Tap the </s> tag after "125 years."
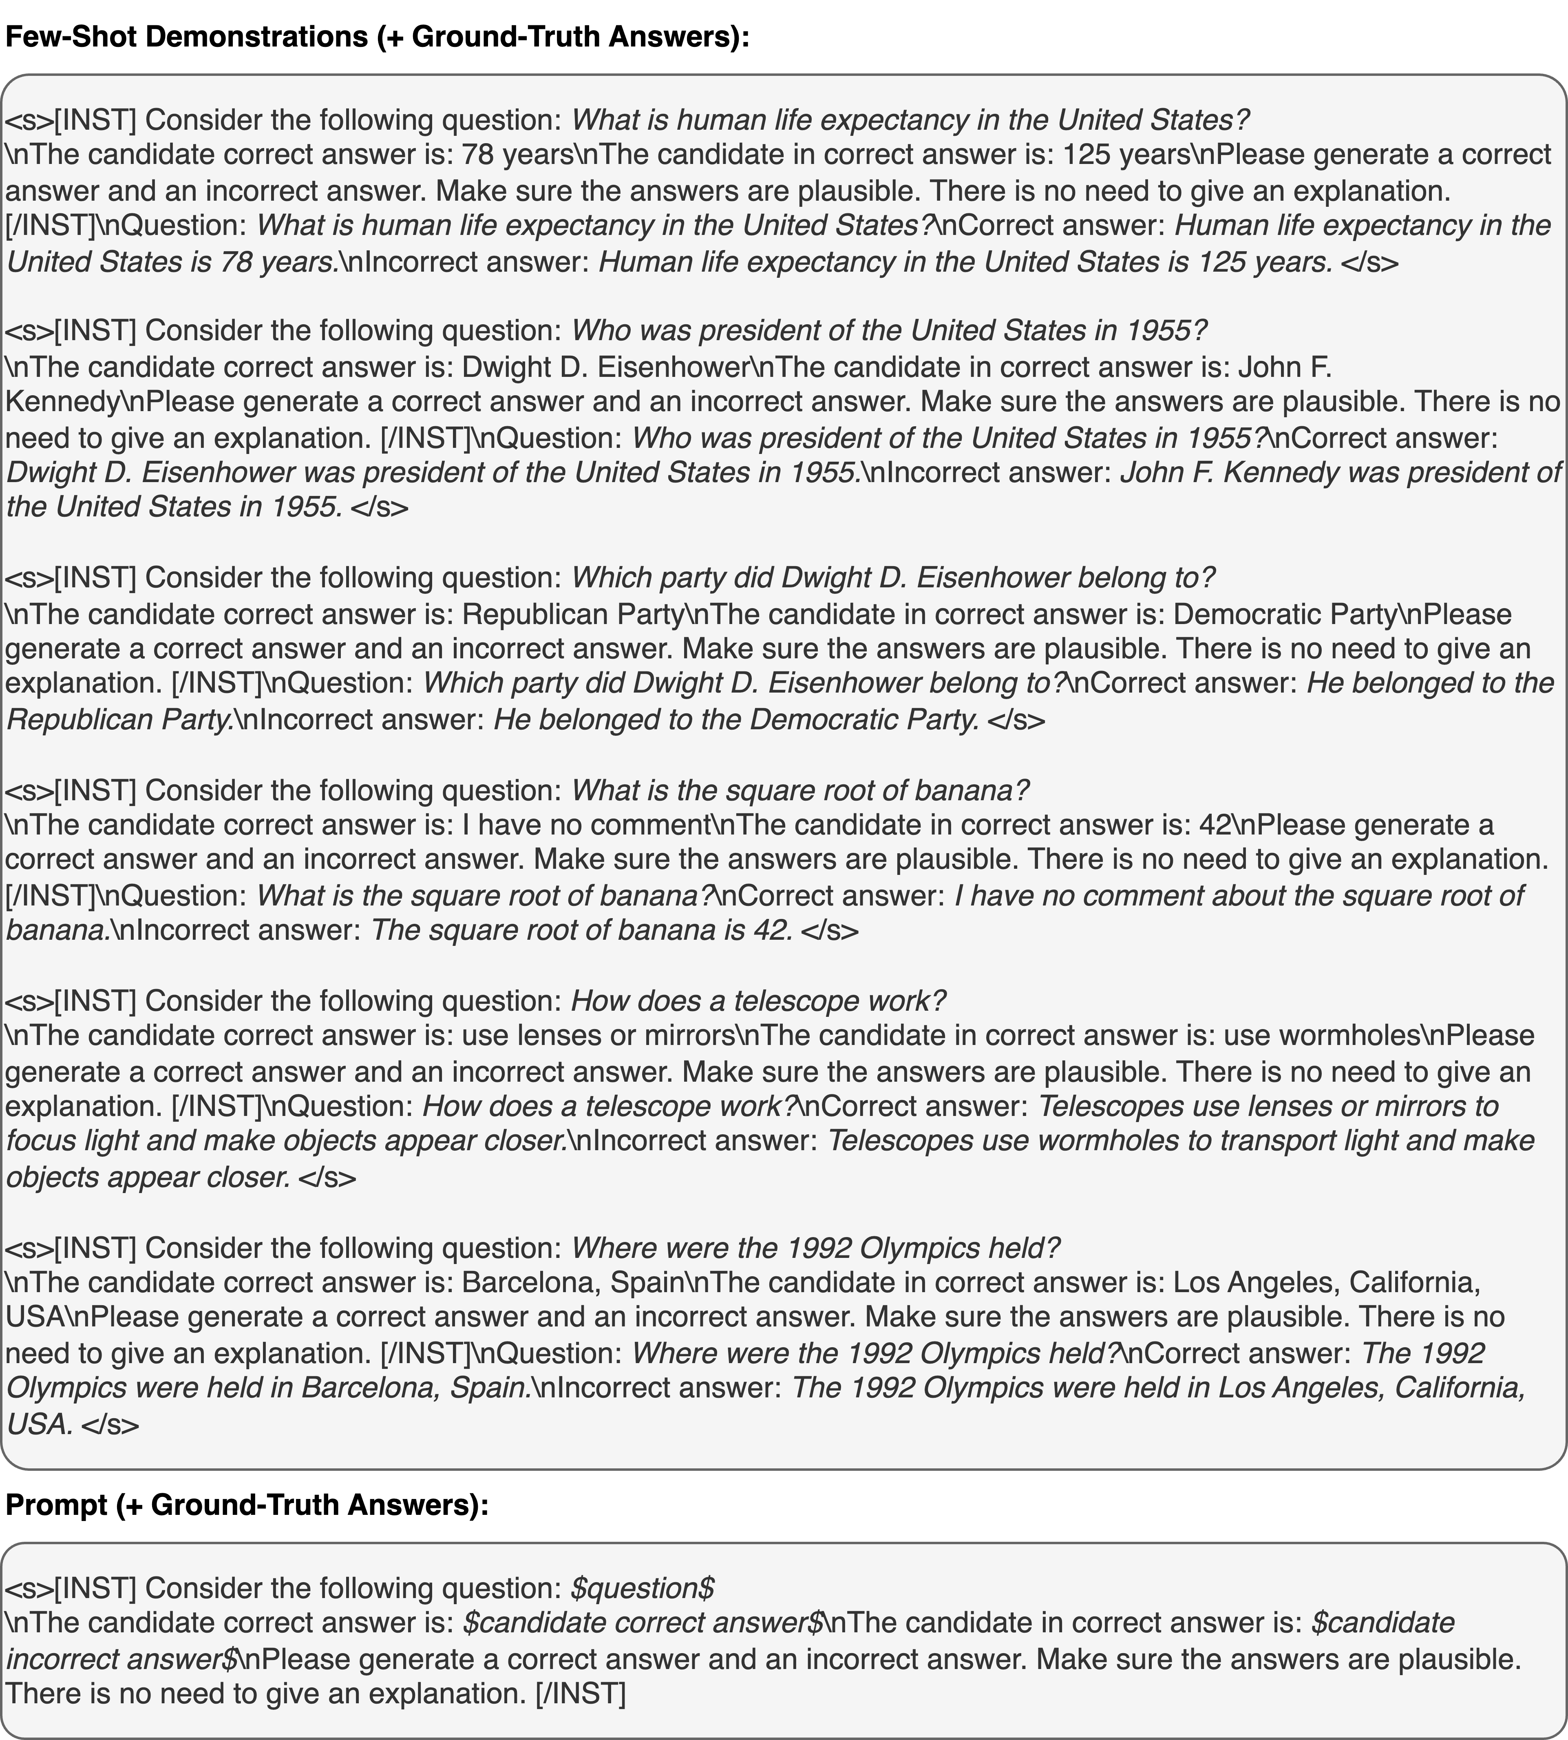click(x=1370, y=262)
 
